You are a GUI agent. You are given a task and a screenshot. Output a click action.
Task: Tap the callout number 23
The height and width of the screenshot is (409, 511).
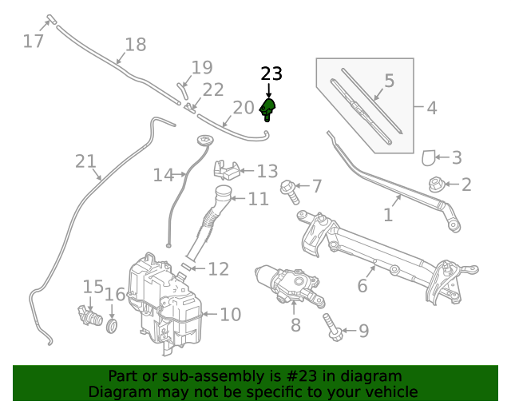pyautogui.click(x=271, y=74)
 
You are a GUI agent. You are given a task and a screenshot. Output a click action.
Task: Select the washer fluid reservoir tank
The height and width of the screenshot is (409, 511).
pyautogui.click(x=164, y=304)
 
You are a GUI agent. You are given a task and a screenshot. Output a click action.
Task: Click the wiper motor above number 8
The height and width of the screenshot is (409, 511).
pyautogui.click(x=287, y=284)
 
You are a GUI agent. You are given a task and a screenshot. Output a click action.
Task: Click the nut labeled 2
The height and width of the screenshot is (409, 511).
pyautogui.click(x=437, y=185)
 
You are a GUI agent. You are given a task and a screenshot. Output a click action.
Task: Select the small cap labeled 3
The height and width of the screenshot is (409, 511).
pyautogui.click(x=428, y=158)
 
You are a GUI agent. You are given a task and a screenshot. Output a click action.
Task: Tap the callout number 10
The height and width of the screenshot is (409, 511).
pyautogui.click(x=230, y=315)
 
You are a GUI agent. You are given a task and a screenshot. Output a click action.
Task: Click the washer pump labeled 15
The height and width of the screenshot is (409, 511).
pyautogui.click(x=86, y=316)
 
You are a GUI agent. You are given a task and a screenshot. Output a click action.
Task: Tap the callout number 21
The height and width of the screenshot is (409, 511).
pyautogui.click(x=85, y=161)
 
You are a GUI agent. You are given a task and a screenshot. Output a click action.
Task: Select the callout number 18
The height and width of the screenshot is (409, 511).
pyautogui.click(x=136, y=45)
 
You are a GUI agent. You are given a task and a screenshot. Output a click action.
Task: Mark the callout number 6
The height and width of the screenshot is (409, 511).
pyautogui.click(x=362, y=285)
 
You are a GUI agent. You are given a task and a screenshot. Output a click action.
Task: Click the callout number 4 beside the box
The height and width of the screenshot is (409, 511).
pyautogui.click(x=431, y=107)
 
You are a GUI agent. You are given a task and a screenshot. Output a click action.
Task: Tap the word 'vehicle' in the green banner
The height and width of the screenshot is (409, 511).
pyautogui.click(x=390, y=392)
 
